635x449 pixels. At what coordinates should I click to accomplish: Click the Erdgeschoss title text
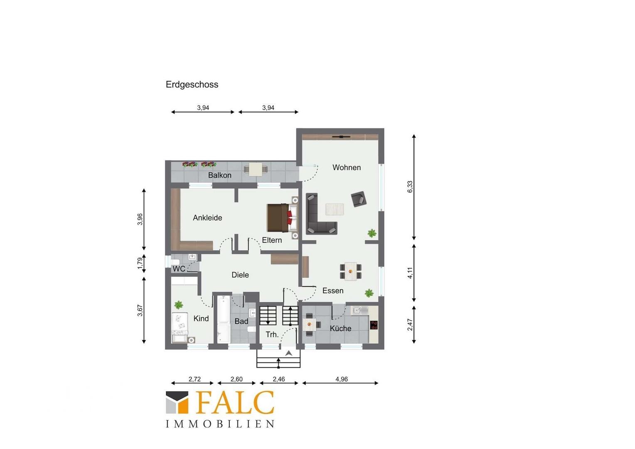[x=192, y=84]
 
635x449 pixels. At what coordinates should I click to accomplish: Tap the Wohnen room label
[x=347, y=168]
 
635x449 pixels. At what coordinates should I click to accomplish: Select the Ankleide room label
[x=207, y=217]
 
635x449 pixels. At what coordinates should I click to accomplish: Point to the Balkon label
[x=219, y=175]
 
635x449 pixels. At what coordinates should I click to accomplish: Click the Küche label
[x=340, y=328]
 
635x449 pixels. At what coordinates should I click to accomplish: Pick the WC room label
[x=179, y=269]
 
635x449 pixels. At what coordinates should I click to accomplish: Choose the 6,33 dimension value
[x=410, y=187]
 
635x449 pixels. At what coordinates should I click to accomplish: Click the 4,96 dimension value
[x=341, y=379]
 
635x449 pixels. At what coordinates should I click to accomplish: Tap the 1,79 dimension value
[x=140, y=264]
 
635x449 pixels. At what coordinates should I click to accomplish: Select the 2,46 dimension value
[x=279, y=379]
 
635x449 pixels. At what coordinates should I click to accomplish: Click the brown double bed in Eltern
[x=283, y=217]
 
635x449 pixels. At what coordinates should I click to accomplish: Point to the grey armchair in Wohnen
[x=359, y=199]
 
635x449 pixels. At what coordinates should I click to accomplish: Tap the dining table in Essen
[x=351, y=271]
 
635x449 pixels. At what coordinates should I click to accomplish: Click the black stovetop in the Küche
[x=374, y=325]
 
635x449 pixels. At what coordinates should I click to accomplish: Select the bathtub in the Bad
[x=224, y=319]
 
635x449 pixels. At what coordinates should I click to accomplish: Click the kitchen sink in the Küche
[x=360, y=310]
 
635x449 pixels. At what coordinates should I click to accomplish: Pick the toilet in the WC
[x=175, y=262]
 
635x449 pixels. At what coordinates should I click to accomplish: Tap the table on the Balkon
[x=256, y=169]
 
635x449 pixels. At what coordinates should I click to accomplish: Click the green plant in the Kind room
[x=179, y=305]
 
